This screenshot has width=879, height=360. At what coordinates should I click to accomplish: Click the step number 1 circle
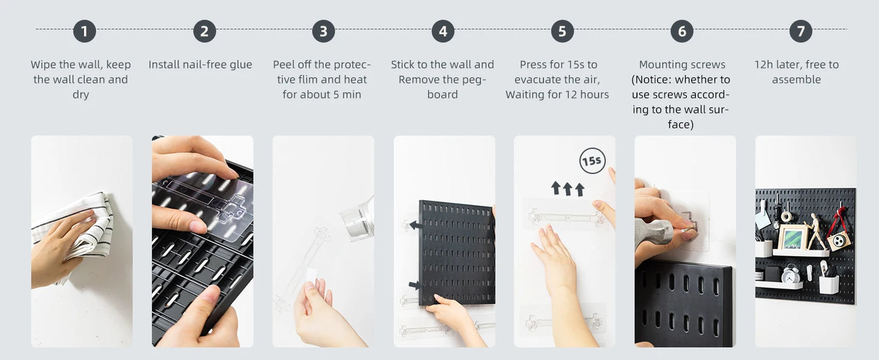tap(85, 31)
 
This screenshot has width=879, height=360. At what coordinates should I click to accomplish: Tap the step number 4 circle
tap(443, 31)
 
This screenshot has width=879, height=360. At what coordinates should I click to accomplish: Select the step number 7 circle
tap(801, 31)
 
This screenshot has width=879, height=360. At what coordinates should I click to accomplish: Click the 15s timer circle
tap(592, 161)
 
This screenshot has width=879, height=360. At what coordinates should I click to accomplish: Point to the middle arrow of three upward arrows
tap(568, 189)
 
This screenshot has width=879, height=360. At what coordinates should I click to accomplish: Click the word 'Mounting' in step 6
tap(660, 65)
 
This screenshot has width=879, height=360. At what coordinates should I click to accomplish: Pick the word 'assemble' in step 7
tap(796, 80)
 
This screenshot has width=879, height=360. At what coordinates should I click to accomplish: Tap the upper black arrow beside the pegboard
tap(416, 225)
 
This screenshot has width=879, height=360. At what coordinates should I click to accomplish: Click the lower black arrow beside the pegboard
tap(415, 285)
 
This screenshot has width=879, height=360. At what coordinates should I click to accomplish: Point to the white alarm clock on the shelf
tap(791, 274)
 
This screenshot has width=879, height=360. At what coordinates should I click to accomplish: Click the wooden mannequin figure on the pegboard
tap(816, 230)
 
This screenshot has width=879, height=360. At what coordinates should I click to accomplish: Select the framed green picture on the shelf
tap(792, 238)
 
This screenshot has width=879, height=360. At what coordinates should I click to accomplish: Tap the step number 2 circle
tap(204, 31)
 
